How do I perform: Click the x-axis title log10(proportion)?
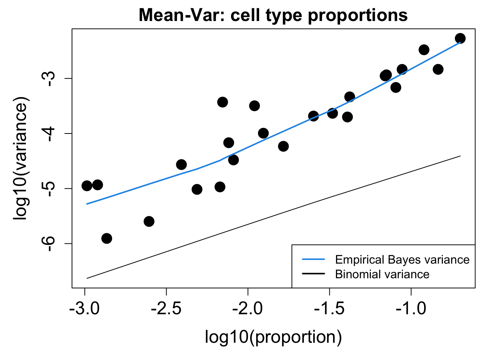click(273, 337)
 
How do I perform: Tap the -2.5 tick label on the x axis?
click(166, 309)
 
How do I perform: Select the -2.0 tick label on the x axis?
click(247, 309)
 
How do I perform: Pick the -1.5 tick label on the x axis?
click(329, 309)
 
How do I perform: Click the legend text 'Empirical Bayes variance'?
click(402, 259)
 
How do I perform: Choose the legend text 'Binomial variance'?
click(382, 274)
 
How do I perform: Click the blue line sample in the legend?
click(313, 259)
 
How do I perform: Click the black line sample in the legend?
click(313, 274)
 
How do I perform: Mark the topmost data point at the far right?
click(460, 38)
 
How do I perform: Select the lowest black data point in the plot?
click(106, 238)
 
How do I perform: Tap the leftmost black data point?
click(87, 186)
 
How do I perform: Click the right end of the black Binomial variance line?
click(460, 156)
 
